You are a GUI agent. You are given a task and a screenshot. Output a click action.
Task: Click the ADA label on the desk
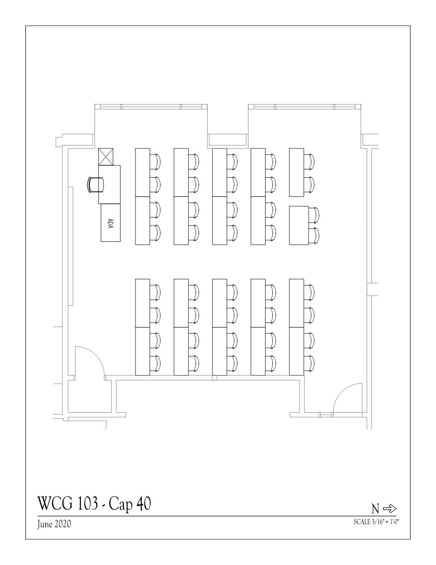[110, 223]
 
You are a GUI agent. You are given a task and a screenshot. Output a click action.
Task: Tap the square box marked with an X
[106, 157]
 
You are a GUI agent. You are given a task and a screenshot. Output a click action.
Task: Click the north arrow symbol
[389, 508]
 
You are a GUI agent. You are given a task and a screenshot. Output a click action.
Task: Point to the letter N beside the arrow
[375, 509]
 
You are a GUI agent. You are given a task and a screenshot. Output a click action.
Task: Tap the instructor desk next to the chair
[109, 184]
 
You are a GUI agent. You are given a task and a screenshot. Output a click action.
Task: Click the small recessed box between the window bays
[228, 140]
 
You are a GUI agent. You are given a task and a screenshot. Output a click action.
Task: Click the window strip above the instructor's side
[151, 107]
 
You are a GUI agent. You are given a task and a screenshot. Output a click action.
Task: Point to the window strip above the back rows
[305, 107]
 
